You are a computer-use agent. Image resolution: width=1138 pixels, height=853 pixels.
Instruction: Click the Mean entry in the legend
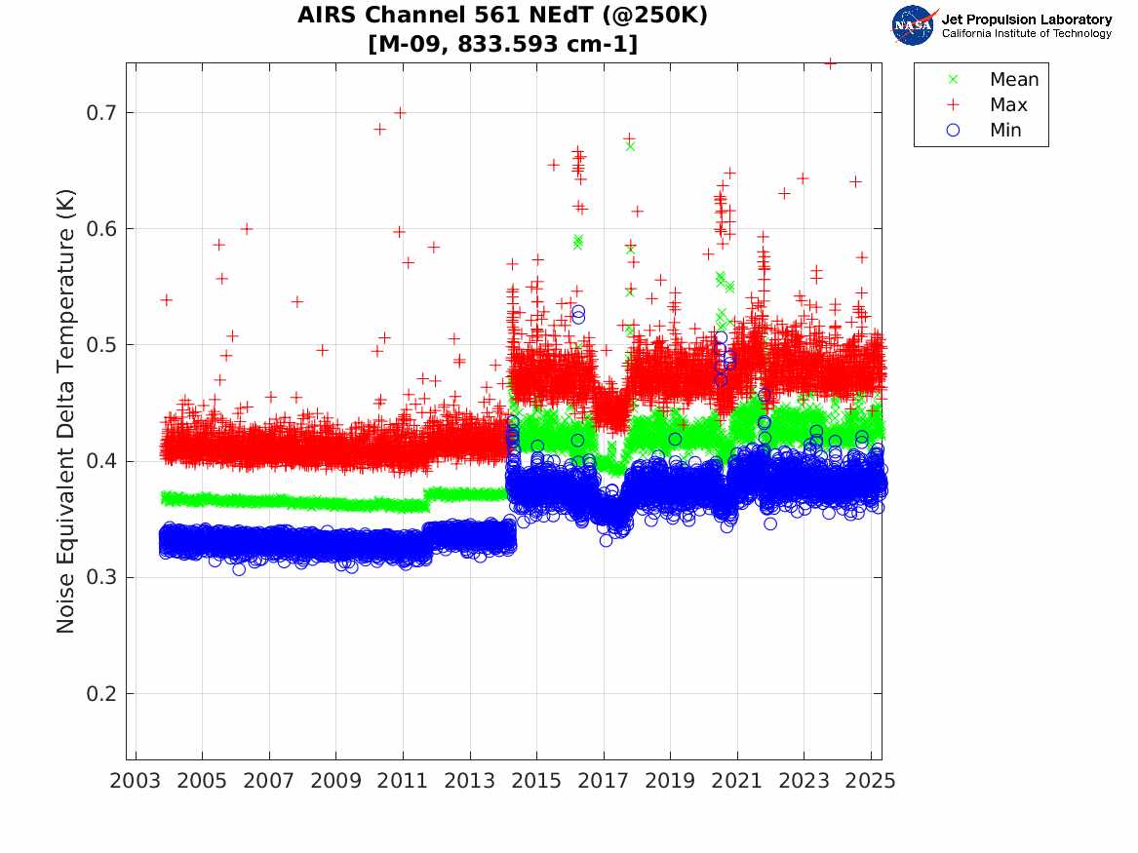pos(1014,80)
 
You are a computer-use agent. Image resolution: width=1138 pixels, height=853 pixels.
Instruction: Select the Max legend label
pos(1008,105)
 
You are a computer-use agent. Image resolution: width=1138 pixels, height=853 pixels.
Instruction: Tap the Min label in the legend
pos(1005,131)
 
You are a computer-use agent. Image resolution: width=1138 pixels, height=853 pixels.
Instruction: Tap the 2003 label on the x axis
pos(136,781)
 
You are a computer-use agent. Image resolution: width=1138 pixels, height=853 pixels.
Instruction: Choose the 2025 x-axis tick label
pos(871,781)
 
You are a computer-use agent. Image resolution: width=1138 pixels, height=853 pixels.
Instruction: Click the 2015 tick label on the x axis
pos(536,781)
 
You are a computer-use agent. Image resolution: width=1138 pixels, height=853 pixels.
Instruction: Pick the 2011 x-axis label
pos(403,781)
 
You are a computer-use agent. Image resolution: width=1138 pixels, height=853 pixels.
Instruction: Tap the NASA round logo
pos(914,25)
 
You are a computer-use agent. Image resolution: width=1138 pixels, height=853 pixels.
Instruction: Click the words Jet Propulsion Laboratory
pos(1027,19)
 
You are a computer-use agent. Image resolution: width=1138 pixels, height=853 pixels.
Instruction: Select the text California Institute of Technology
pos(1027,34)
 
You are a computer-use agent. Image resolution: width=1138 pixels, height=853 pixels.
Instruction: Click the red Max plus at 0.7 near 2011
pos(399,112)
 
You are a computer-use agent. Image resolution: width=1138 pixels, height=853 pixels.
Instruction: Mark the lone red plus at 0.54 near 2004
pos(166,299)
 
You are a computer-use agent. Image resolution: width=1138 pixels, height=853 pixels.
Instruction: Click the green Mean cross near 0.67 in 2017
pos(630,146)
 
